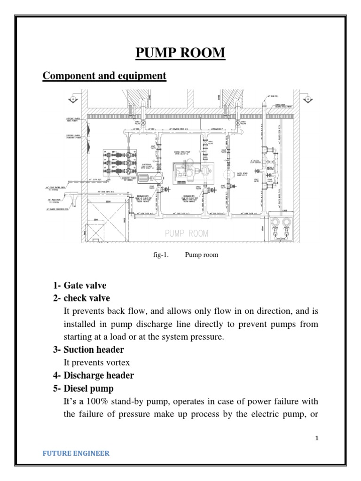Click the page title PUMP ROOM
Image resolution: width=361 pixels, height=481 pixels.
click(x=180, y=53)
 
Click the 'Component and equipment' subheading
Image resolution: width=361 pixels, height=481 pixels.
click(x=104, y=76)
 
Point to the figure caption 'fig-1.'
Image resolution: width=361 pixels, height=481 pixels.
click(x=161, y=255)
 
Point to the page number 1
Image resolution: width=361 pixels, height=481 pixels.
click(x=317, y=438)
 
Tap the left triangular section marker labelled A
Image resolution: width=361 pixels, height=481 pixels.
click(x=73, y=100)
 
